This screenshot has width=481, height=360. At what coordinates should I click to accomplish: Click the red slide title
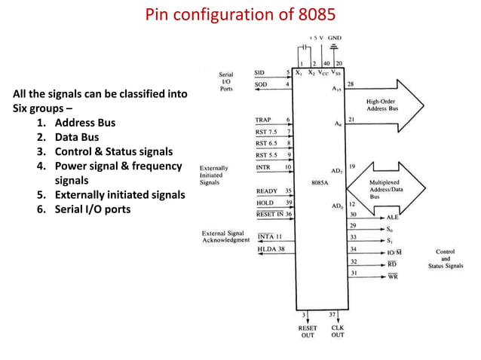pos(240,15)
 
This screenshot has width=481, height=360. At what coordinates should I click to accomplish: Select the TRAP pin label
pos(263,120)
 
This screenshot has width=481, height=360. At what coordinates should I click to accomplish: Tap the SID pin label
pos(260,72)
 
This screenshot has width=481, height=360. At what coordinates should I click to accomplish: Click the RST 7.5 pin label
pos(267,131)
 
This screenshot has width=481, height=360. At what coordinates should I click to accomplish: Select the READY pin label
pos(266,191)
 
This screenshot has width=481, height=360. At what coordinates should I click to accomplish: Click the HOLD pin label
pos(265,203)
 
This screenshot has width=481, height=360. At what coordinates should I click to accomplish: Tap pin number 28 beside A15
pos(352,84)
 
